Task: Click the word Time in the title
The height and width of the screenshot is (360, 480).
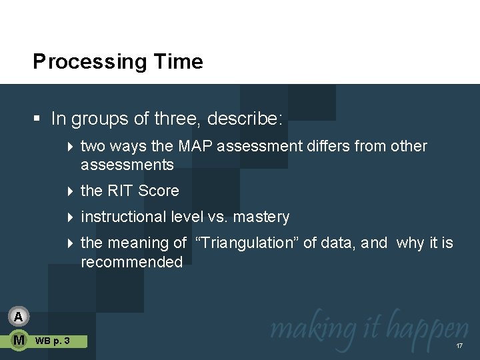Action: tap(178, 62)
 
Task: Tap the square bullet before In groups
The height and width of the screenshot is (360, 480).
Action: tap(38, 119)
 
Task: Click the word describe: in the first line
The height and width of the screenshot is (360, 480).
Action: tap(245, 119)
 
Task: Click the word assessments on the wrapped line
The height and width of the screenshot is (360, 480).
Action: tap(127, 165)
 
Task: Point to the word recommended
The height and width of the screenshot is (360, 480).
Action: tap(131, 262)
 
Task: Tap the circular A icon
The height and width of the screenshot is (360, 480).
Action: tap(19, 316)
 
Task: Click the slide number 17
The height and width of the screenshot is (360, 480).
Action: tap(459, 346)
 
